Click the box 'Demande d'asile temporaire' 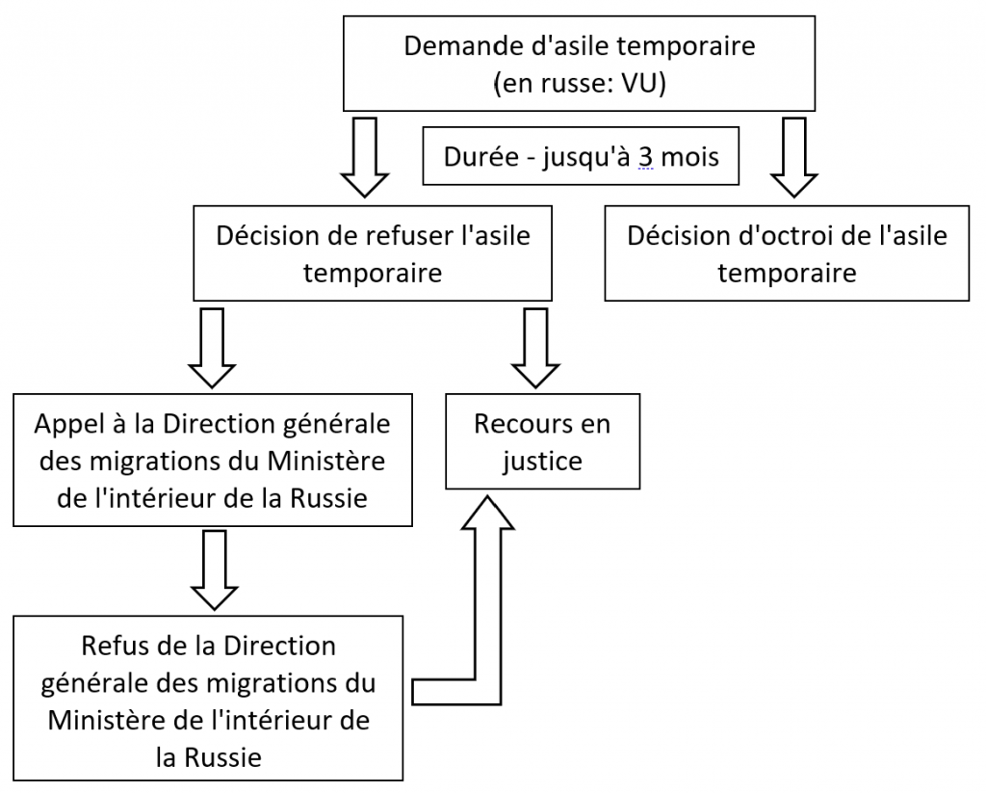click(x=579, y=64)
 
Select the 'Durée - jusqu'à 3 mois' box click(x=581, y=156)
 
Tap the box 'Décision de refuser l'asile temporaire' click(x=373, y=252)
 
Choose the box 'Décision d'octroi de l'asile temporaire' click(x=787, y=252)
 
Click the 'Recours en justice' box click(x=543, y=441)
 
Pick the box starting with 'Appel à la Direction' click(x=213, y=460)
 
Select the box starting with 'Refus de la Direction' click(x=208, y=699)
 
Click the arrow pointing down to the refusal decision click(x=365, y=157)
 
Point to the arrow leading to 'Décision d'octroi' click(x=794, y=157)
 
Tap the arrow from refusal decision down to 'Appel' click(x=212, y=347)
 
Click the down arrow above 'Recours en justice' click(x=535, y=347)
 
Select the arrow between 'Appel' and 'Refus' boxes click(x=214, y=570)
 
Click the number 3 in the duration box click(x=645, y=157)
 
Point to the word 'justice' click(x=543, y=462)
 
